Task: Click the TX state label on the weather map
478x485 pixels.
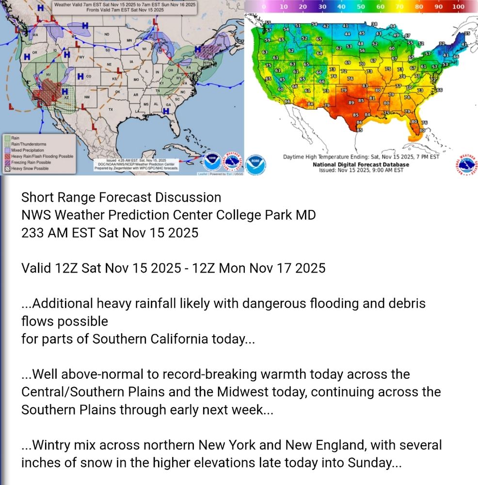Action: pyautogui.click(x=111, y=110)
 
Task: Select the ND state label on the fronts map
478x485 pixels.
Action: pyautogui.click(x=107, y=34)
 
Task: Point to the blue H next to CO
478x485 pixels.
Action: pyautogui.click(x=80, y=76)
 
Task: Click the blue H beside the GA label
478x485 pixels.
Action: pyautogui.click(x=165, y=111)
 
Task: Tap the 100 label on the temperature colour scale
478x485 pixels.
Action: pyautogui.click(x=458, y=7)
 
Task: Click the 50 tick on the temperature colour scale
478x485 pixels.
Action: pyautogui.click(x=361, y=7)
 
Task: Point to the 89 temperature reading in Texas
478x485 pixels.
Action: pyautogui.click(x=351, y=102)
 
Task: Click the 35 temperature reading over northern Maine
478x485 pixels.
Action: pyautogui.click(x=467, y=33)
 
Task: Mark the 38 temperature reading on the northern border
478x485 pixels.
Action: pyautogui.click(x=374, y=24)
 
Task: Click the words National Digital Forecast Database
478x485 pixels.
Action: pyautogui.click(x=361, y=164)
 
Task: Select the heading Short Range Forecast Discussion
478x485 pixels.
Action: pyautogui.click(x=121, y=197)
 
